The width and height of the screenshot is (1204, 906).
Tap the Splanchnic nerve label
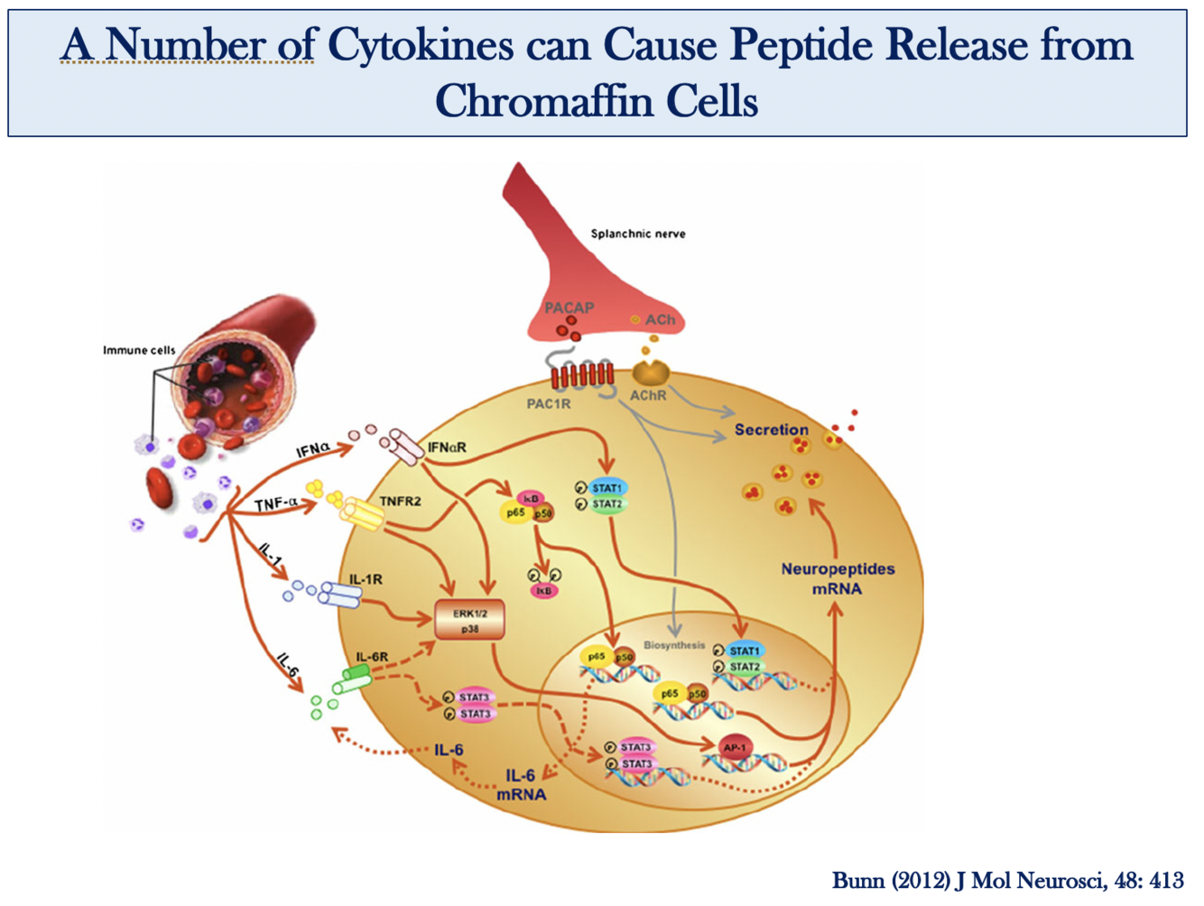637,234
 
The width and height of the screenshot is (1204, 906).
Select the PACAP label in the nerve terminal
569,308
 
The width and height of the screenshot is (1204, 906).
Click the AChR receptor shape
649,373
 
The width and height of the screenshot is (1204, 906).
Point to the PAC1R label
549,403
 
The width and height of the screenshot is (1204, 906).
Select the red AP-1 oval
735,747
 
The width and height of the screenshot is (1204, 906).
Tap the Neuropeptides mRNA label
838,578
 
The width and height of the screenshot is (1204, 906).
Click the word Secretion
771,430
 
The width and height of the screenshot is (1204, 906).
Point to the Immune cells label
139,350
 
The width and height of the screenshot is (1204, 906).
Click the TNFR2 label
400,502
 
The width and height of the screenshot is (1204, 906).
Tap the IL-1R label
366,579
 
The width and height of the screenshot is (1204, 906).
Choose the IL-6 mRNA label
521,785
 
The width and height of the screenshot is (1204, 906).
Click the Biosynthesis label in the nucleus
674,645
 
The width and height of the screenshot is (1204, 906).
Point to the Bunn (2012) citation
1007,880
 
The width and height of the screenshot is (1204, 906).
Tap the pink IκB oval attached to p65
531,498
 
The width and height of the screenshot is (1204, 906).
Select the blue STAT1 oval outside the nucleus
607,488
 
